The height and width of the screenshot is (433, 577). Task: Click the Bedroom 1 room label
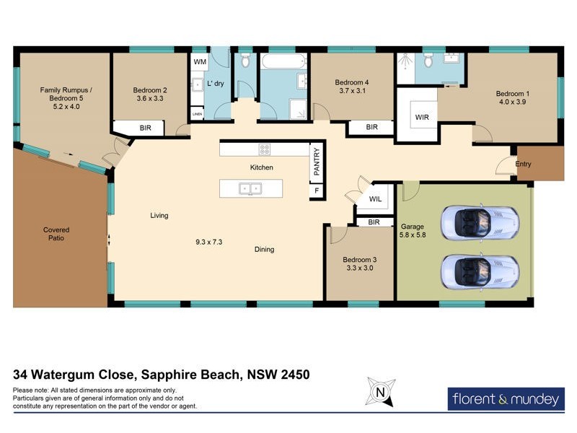click(x=512, y=94)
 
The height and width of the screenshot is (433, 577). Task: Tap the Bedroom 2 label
click(x=150, y=91)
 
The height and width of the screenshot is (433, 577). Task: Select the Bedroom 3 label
click(x=358, y=258)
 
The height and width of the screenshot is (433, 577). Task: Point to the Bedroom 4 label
click(x=352, y=82)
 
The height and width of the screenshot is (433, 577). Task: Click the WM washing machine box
click(x=200, y=62)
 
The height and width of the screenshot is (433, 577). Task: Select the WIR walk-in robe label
click(x=421, y=116)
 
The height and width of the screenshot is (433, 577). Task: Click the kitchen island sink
click(x=251, y=189)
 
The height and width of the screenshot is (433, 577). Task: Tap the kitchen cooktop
click(x=265, y=150)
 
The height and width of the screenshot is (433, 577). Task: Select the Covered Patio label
click(x=56, y=234)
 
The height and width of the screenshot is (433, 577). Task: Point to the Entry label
click(x=523, y=165)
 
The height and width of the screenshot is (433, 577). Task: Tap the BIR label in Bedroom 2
click(x=145, y=128)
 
